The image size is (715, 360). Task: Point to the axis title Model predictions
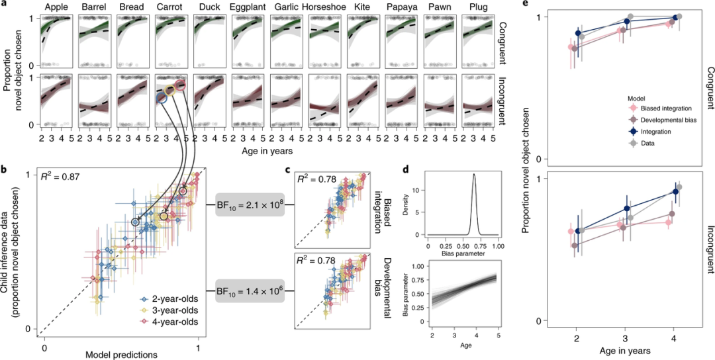click(x=121, y=355)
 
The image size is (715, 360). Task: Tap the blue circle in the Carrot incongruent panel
click(x=161, y=98)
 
